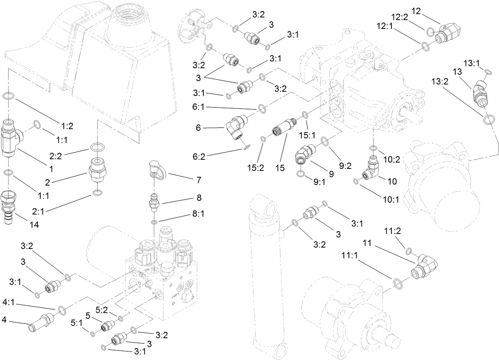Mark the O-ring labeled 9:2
click(324, 141)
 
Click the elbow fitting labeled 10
click(372, 169)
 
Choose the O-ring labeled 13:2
click(489, 119)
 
